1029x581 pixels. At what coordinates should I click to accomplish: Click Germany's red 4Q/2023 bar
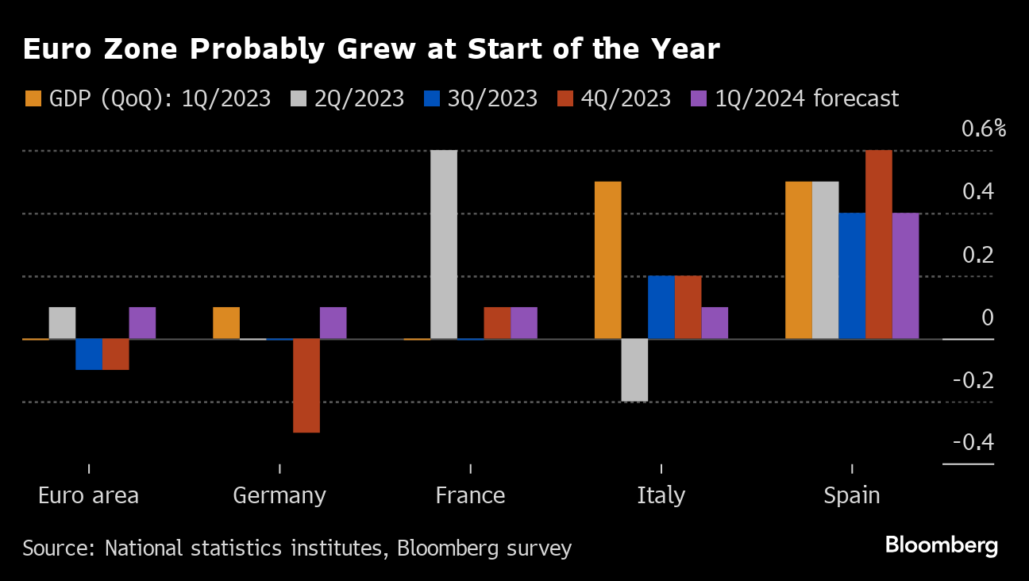pos(306,386)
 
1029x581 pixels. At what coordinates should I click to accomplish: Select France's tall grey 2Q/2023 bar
pos(444,244)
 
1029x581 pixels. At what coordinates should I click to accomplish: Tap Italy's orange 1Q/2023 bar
pos(608,260)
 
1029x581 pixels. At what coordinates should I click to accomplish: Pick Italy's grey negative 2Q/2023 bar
pos(634,370)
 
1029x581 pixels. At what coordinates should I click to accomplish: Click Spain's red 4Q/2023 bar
pos(879,244)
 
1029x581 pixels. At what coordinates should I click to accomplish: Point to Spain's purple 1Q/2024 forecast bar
pos(905,276)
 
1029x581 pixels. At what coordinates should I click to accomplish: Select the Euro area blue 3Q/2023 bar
pos(89,354)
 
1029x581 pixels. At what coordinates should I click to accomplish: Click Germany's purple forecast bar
pos(333,323)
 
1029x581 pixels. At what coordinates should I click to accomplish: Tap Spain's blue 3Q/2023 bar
pos(852,276)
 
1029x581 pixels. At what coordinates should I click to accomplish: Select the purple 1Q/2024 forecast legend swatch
pos(698,99)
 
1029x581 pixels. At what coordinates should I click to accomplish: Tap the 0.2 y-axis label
pos(978,256)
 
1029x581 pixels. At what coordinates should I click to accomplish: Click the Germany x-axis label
pos(279,495)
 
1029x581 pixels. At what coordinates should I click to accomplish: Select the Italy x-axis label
pos(661,495)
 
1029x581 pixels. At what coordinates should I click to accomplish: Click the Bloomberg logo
pos(941,546)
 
